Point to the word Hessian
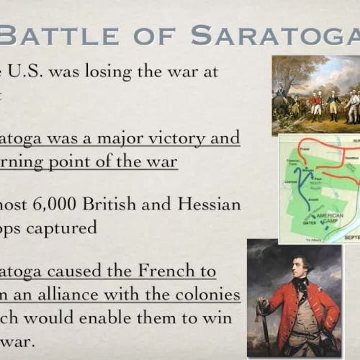pos(206,204)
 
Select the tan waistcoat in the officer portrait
pos(302,310)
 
